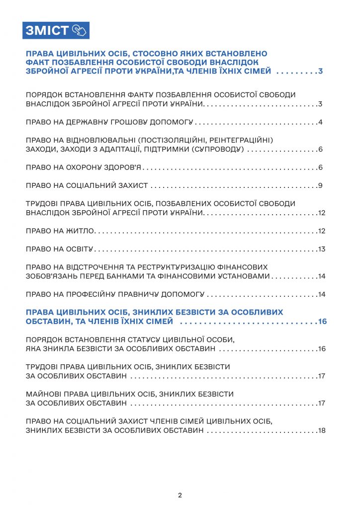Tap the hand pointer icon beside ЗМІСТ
pyautogui.click(x=79, y=30)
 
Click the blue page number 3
pyautogui.click(x=321, y=72)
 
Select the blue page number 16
pyautogui.click(x=322, y=322)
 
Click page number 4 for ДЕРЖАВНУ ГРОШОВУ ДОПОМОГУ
pyautogui.click(x=321, y=122)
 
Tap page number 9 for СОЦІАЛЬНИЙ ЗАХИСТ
pyautogui.click(x=321, y=186)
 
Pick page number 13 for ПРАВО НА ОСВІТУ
pyautogui.click(x=322, y=249)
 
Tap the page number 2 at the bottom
pyautogui.click(x=180, y=495)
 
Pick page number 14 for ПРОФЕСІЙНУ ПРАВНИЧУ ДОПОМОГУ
pyautogui.click(x=322, y=294)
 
